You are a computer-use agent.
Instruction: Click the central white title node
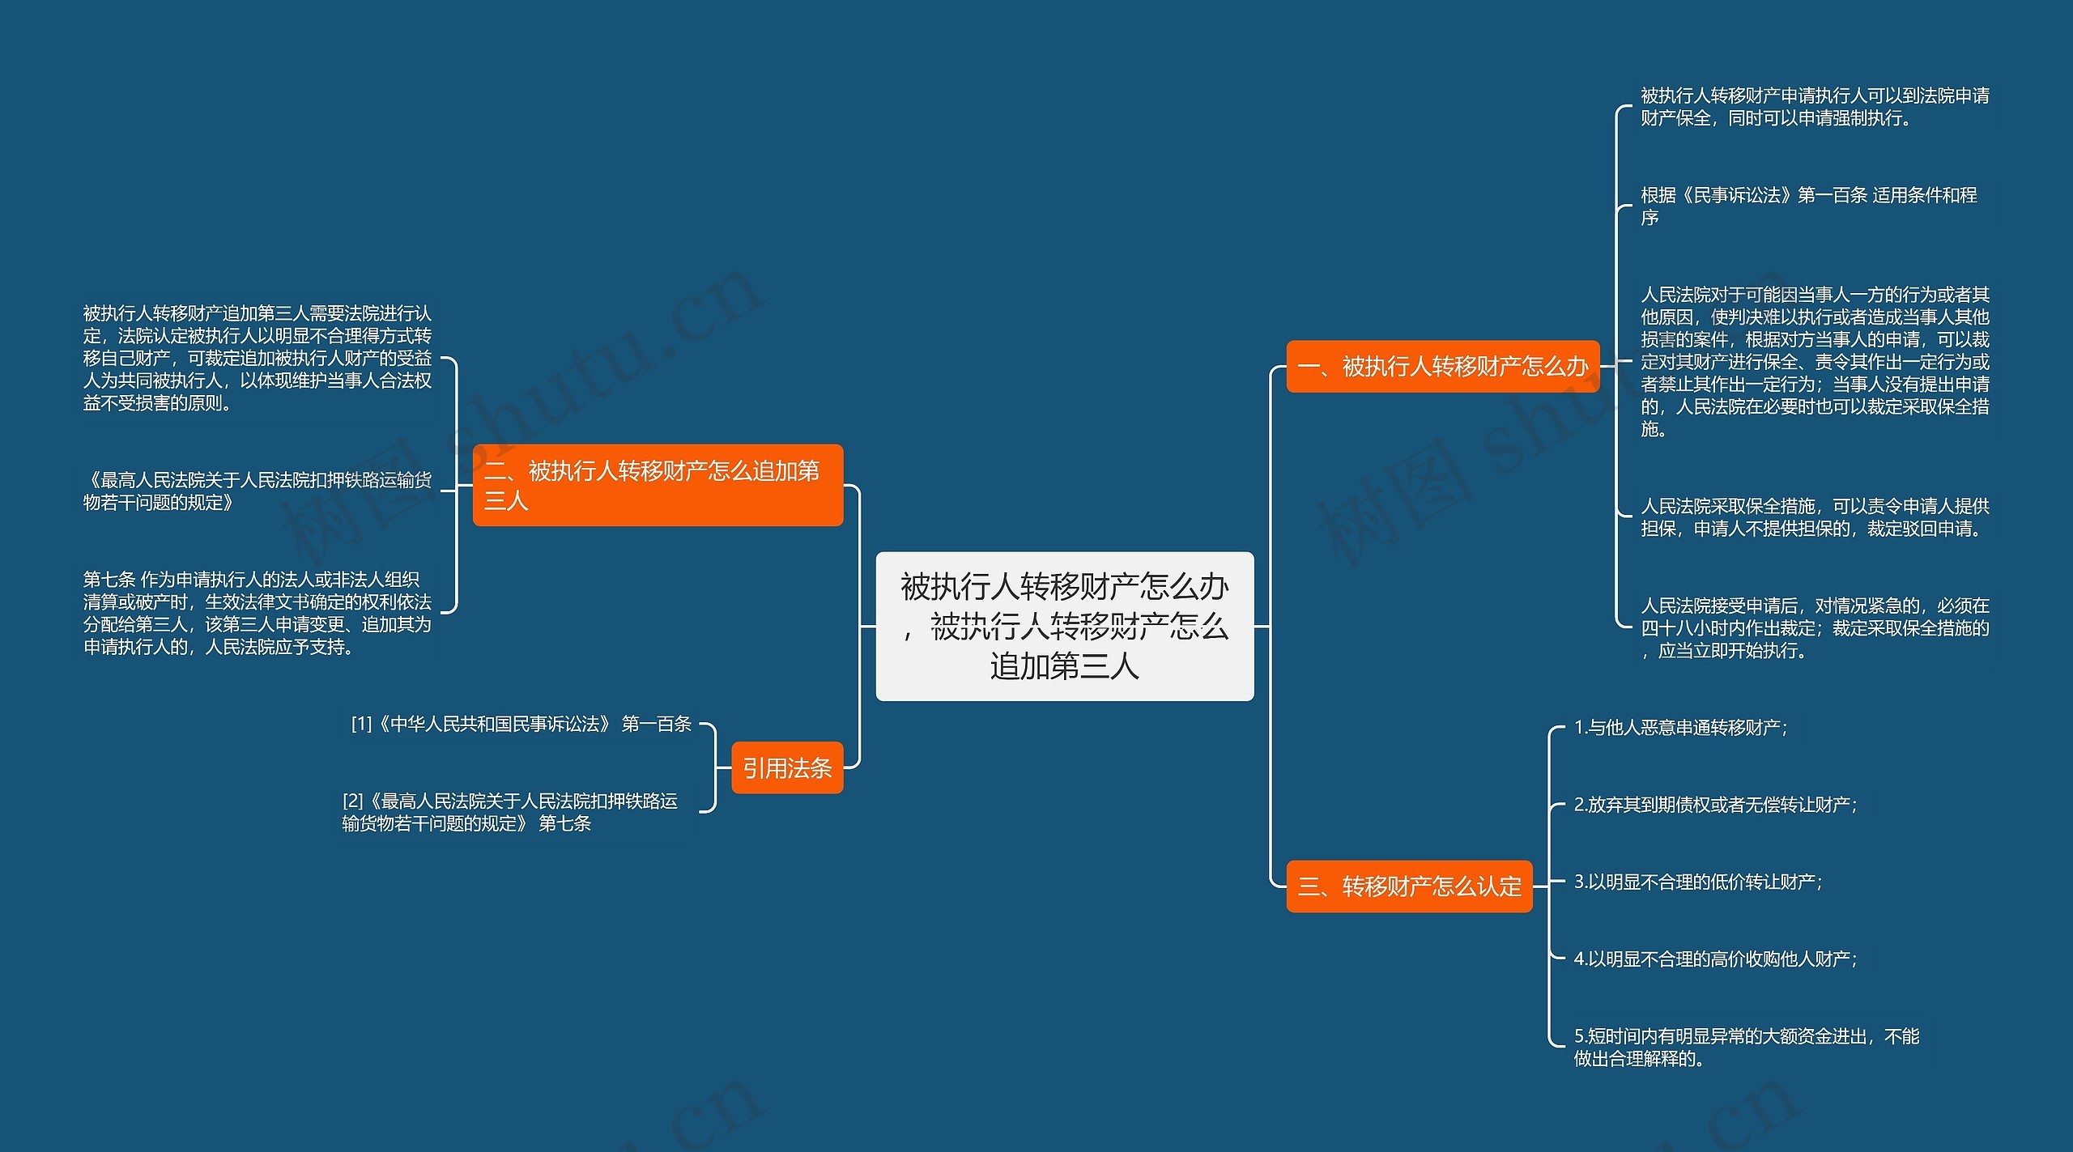click(1064, 626)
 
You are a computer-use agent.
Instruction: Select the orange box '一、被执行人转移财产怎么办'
click(1442, 367)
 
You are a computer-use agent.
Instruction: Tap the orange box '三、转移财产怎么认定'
click(1409, 886)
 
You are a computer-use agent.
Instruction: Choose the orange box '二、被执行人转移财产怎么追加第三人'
click(658, 485)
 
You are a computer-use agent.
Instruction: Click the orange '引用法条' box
click(787, 767)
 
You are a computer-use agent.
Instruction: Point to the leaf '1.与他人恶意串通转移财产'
click(1680, 728)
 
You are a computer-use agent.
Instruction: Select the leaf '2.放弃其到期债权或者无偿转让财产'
click(1715, 805)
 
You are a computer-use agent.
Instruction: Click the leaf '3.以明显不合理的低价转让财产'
click(1697, 882)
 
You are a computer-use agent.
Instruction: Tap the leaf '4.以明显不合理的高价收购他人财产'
click(1715, 959)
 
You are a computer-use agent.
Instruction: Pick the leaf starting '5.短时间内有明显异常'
click(1746, 1048)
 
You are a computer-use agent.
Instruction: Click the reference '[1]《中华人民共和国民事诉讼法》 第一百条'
click(521, 725)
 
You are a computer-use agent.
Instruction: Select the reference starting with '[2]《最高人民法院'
click(510, 813)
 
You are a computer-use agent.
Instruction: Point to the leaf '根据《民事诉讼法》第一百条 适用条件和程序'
click(1808, 206)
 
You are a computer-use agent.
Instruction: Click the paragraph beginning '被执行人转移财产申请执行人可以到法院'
click(1815, 107)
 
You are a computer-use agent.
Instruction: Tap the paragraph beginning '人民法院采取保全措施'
click(1815, 517)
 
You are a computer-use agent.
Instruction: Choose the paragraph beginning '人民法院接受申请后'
click(1815, 628)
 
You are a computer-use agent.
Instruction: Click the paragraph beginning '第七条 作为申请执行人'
click(258, 614)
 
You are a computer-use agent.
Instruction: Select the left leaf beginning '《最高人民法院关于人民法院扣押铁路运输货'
click(258, 491)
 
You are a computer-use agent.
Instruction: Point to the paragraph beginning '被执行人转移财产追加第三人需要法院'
click(258, 358)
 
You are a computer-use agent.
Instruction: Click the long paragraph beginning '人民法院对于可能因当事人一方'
click(1815, 362)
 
